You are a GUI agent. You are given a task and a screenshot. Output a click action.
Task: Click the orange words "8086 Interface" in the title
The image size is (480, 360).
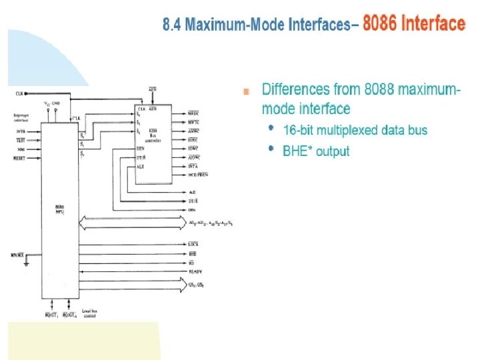(x=413, y=25)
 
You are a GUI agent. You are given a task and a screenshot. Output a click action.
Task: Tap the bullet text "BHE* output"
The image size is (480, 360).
(x=316, y=151)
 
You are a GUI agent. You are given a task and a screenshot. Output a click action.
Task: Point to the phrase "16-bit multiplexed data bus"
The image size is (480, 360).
(x=355, y=130)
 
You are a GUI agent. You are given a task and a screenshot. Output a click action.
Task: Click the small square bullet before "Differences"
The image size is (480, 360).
(x=247, y=91)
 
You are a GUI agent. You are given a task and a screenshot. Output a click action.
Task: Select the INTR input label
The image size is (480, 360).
(x=19, y=132)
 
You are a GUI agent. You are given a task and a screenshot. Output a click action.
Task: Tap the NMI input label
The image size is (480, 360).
(x=19, y=150)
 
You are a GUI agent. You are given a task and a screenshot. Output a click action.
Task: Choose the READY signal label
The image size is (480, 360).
(x=195, y=272)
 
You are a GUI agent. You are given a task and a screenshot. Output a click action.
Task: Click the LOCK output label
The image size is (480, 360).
(x=193, y=245)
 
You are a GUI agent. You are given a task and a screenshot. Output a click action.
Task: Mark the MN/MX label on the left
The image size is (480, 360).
(x=19, y=255)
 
